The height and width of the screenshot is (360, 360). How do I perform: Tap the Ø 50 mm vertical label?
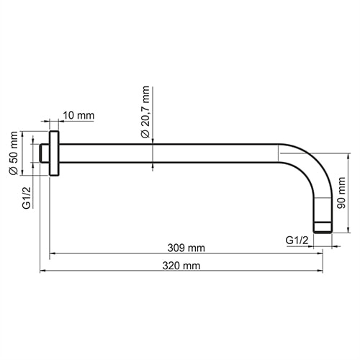pyautogui.click(x=12, y=153)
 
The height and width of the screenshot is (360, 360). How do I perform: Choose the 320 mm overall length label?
pyautogui.click(x=182, y=265)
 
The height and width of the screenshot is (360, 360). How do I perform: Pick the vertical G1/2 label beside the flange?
pyautogui.click(x=26, y=198)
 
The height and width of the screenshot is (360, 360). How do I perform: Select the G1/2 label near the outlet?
pyautogui.click(x=297, y=239)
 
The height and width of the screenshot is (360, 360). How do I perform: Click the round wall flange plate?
pyautogui.click(x=54, y=153)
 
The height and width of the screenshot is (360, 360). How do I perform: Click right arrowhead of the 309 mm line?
pyautogui.click(x=319, y=253)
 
